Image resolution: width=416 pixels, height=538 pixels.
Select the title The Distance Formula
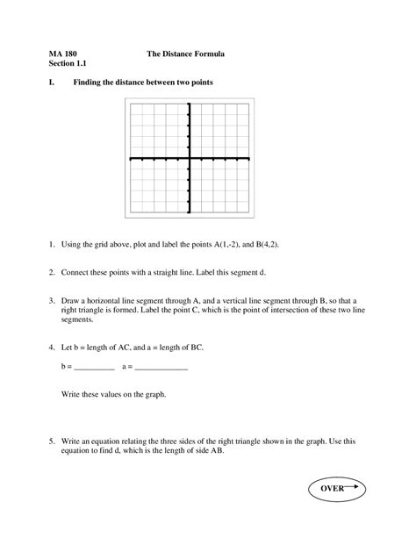[185, 54]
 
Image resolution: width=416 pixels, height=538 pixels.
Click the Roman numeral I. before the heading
[53, 82]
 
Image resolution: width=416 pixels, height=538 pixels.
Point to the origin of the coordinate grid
[189, 159]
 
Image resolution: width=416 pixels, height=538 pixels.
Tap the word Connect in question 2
[76, 272]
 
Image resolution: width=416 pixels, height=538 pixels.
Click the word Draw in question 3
[71, 299]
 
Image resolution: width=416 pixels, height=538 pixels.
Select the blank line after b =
[95, 368]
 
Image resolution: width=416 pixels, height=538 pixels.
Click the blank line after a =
[161, 368]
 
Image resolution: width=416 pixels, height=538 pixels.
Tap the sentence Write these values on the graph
[113, 395]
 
